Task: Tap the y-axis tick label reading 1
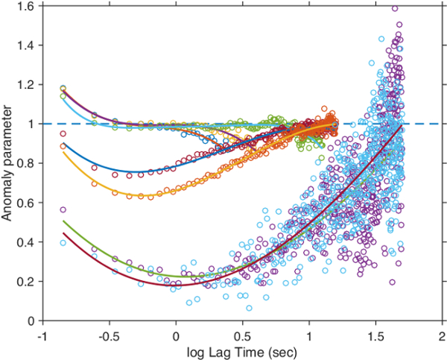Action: pos(33,124)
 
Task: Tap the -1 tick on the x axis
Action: pos(43,333)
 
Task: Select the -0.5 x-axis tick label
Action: pos(109,333)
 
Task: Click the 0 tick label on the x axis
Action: pos(177,333)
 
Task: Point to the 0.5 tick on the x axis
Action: pos(243,333)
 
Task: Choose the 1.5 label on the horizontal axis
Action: pos(375,333)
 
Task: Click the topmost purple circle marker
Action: pos(395,9)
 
